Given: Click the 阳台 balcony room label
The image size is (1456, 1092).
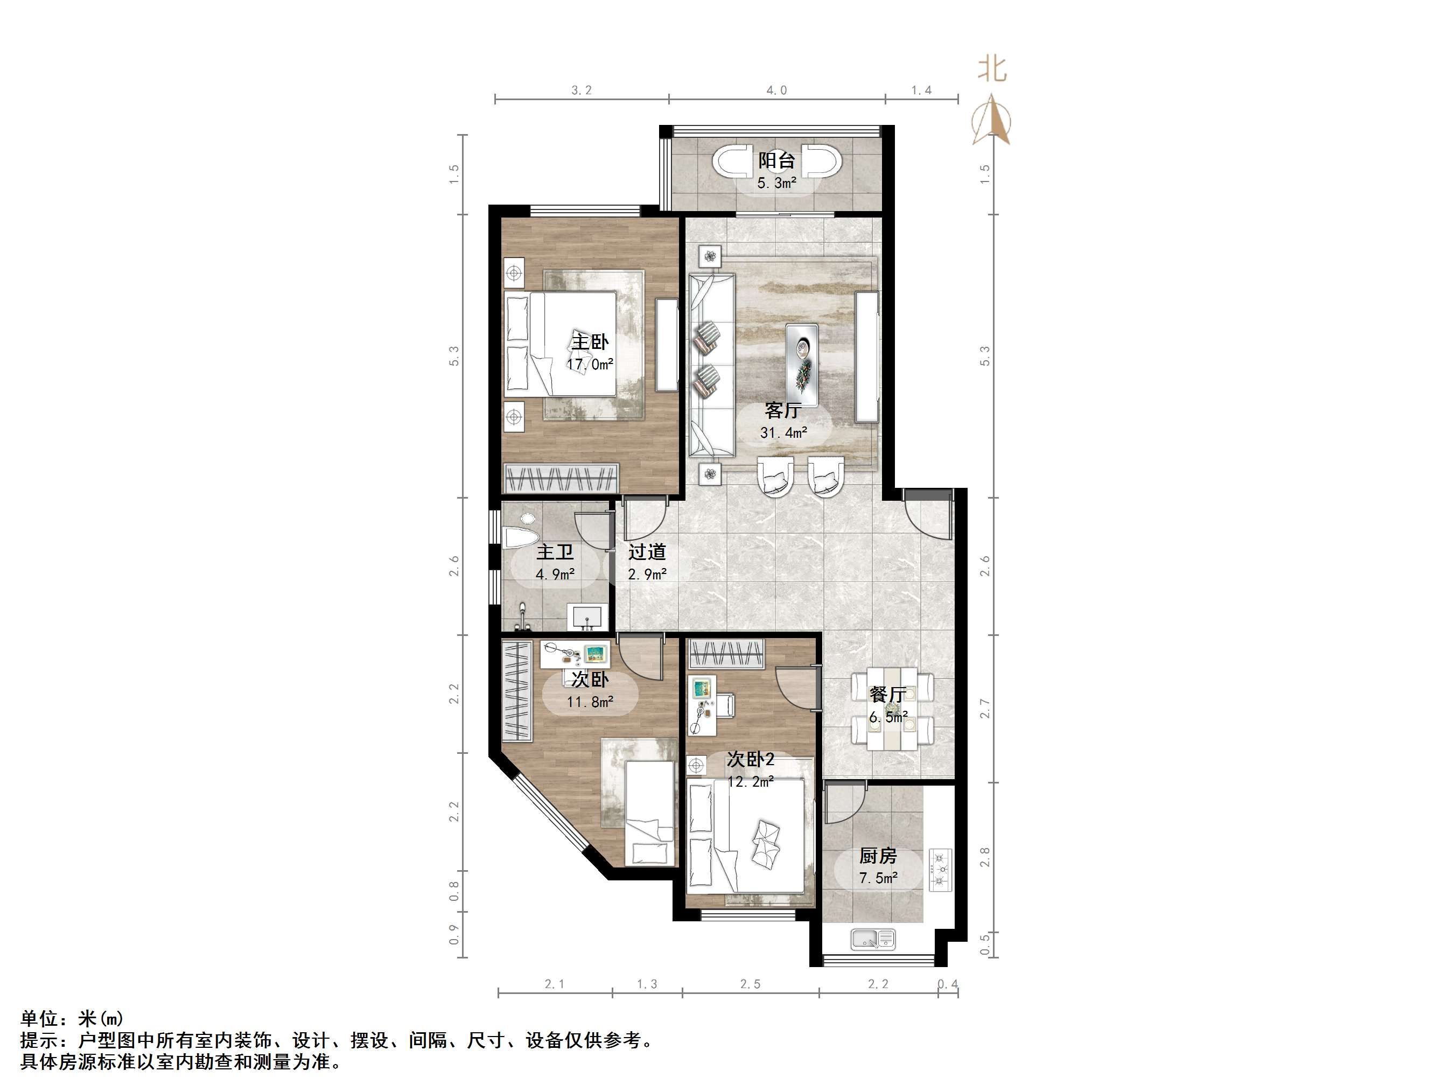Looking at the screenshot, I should click(x=776, y=160).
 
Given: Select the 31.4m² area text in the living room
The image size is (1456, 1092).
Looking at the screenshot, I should click(x=783, y=432).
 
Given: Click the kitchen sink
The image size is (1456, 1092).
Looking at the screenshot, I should click(x=873, y=939).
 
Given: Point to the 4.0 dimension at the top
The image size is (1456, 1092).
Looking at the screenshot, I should click(x=776, y=90).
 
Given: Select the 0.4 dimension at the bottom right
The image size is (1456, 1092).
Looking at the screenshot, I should click(x=947, y=984).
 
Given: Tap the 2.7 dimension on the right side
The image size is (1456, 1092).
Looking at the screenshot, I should click(x=985, y=708).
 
